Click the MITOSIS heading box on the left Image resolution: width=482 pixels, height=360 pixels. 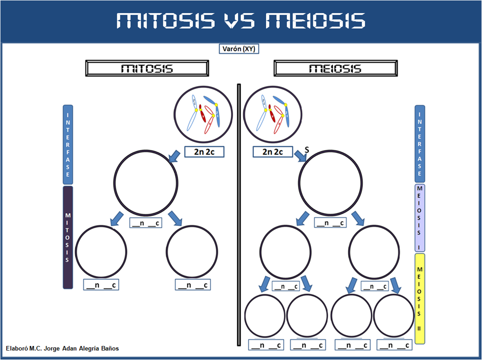(x=147, y=68)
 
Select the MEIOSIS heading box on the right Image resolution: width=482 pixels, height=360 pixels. (x=335, y=68)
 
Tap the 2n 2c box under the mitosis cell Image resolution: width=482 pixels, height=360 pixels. (x=204, y=152)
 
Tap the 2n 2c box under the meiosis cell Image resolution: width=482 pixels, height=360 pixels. (x=272, y=152)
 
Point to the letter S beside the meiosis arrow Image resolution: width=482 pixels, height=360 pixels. (x=306, y=149)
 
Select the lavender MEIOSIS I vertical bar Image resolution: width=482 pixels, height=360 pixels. (x=420, y=217)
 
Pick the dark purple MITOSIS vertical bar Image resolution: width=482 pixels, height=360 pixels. (x=67, y=237)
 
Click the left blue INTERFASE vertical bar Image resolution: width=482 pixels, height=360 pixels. (x=67, y=144)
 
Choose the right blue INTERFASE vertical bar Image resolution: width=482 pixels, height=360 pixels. (x=420, y=144)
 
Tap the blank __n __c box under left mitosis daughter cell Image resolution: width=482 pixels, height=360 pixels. (x=101, y=285)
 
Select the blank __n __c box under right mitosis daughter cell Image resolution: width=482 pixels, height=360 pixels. (x=192, y=285)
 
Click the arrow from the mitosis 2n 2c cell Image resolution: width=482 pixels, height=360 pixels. (x=174, y=156)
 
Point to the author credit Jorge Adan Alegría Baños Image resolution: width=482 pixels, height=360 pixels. (x=62, y=348)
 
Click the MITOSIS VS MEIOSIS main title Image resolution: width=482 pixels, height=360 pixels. (x=241, y=21)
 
